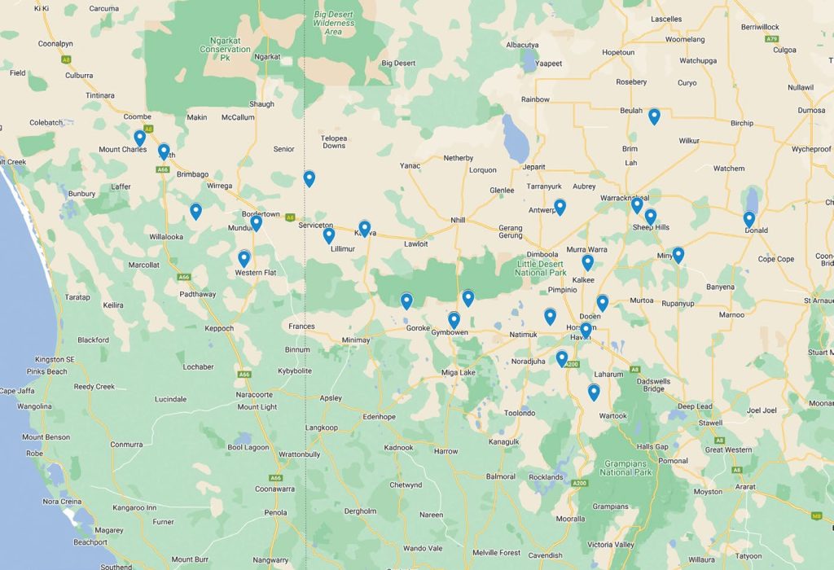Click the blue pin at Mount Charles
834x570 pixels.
pos(139,138)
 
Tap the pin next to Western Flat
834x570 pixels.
pos(244,259)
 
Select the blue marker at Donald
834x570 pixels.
pos(748,219)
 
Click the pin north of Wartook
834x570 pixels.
pos(594,392)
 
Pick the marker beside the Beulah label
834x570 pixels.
pos(654,116)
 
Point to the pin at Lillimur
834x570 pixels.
pos(329,235)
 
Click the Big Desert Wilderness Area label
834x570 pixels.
pos(334,18)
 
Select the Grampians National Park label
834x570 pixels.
pos(626,467)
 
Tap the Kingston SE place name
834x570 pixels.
pos(55,359)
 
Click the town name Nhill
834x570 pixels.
pos(458,220)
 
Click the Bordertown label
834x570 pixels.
pos(261,214)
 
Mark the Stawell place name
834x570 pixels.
pos(710,423)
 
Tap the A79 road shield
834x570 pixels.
pos(771,38)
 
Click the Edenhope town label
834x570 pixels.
pos(379,417)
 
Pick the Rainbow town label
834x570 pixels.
pos(535,99)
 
